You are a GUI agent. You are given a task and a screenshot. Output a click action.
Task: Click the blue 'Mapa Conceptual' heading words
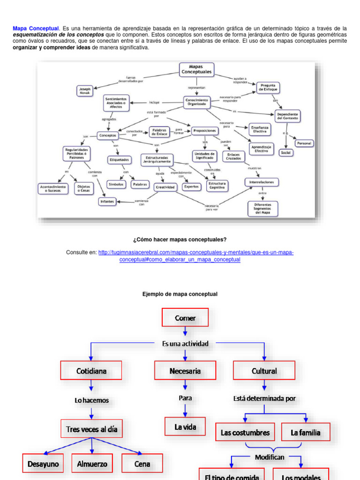click(36, 29)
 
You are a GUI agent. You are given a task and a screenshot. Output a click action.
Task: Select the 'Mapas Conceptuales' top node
click(196, 70)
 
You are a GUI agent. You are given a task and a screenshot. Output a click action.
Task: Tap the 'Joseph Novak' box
click(84, 90)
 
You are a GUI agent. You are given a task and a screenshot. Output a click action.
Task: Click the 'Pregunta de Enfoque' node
click(268, 87)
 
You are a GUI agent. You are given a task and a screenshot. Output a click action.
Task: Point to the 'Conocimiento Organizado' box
click(197, 102)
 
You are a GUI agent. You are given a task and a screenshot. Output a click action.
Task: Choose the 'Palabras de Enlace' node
click(159, 132)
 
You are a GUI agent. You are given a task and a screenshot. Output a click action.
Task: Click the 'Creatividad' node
click(165, 187)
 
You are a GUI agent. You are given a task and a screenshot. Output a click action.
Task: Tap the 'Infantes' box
click(107, 202)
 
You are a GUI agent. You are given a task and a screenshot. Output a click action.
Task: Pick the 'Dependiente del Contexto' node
click(286, 116)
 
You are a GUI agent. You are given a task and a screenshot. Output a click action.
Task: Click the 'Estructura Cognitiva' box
click(217, 186)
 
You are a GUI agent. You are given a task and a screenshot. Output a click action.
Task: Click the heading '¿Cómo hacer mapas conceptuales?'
click(180, 240)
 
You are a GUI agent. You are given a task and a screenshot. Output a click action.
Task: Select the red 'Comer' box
click(185, 318)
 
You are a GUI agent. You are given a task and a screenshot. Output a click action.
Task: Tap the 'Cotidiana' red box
click(91, 370)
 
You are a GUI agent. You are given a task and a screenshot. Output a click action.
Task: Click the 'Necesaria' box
click(185, 370)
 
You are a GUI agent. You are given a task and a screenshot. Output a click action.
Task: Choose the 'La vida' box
click(185, 427)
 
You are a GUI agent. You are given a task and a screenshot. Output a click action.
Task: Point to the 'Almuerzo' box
click(92, 464)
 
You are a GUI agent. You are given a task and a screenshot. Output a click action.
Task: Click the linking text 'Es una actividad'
click(185, 344)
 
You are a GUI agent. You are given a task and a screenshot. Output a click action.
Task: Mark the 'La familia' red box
click(306, 432)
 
